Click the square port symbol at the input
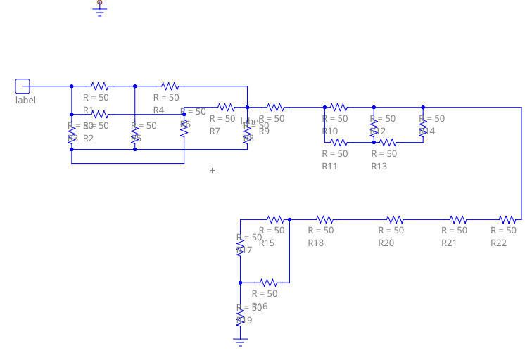(23, 86)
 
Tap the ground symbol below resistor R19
(240, 342)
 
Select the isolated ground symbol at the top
(99, 8)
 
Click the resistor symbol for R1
(99, 86)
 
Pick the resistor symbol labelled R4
(170, 86)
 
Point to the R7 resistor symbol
(226, 107)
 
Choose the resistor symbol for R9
(275, 107)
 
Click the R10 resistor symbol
(339, 107)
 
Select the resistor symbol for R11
(339, 142)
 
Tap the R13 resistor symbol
(388, 142)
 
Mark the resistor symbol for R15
(275, 219)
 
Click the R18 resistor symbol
(324, 219)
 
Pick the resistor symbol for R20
(395, 219)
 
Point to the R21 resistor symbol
(458, 219)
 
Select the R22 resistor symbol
(507, 219)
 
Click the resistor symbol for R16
(268, 283)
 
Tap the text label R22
(498, 243)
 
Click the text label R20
(386, 243)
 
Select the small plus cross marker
(212, 170)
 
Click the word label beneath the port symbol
(25, 100)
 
